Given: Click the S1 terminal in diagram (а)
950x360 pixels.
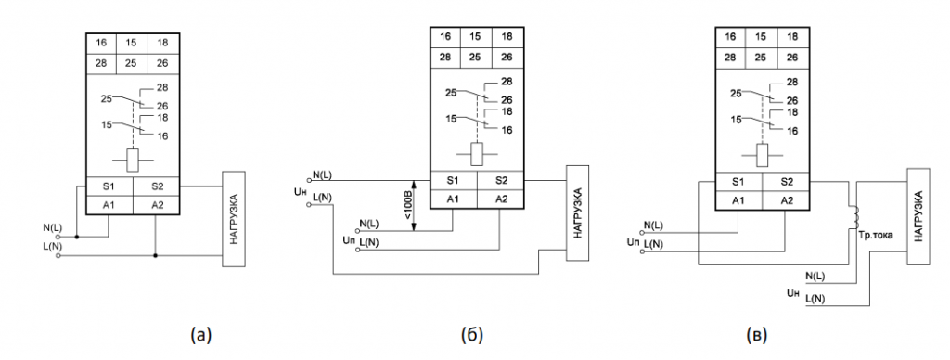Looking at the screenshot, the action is click(109, 186).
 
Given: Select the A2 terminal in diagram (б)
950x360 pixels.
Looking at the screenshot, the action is click(500, 199).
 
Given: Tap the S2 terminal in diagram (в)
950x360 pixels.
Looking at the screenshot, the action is click(786, 182).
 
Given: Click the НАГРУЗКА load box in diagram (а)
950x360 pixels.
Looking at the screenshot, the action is click(233, 219).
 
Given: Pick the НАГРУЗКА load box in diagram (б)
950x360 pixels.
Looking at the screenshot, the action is click(577, 212).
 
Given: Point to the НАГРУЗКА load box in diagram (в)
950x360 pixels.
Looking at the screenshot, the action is click(918, 216).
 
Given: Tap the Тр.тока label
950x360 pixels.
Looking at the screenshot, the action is click(872, 233).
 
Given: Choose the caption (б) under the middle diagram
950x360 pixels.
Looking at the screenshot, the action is click(472, 334).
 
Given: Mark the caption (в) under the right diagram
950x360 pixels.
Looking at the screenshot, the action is click(756, 334).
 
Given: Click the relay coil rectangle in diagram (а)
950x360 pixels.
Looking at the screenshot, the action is click(133, 160).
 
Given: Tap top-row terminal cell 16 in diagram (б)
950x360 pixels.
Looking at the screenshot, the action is click(445, 36).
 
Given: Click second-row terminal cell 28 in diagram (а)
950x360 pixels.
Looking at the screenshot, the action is click(101, 63).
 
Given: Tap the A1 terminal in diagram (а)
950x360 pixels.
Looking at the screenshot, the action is click(109, 205).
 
